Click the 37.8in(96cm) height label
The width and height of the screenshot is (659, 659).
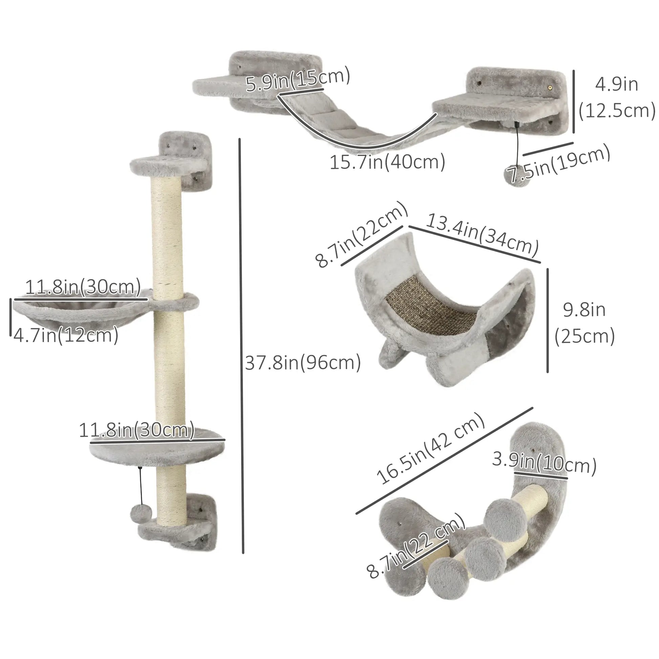(303, 362)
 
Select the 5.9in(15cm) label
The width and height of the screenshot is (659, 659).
(297, 80)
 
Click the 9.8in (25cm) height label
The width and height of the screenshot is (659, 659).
(584, 323)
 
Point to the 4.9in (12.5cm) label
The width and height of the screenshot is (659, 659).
(617, 98)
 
